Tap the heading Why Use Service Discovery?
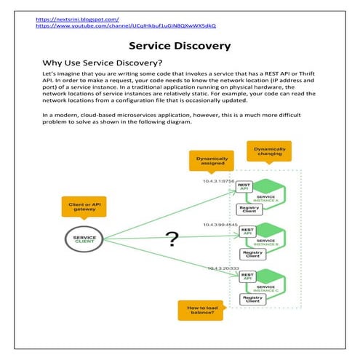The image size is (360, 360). click(103, 63)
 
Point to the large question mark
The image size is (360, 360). click(172, 238)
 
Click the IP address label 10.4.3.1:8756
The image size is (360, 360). click(219, 180)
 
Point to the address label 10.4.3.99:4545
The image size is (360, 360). click(220, 225)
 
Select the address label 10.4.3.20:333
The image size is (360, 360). click(222, 269)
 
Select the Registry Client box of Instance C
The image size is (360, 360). click(252, 298)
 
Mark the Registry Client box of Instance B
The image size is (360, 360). click(252, 253)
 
